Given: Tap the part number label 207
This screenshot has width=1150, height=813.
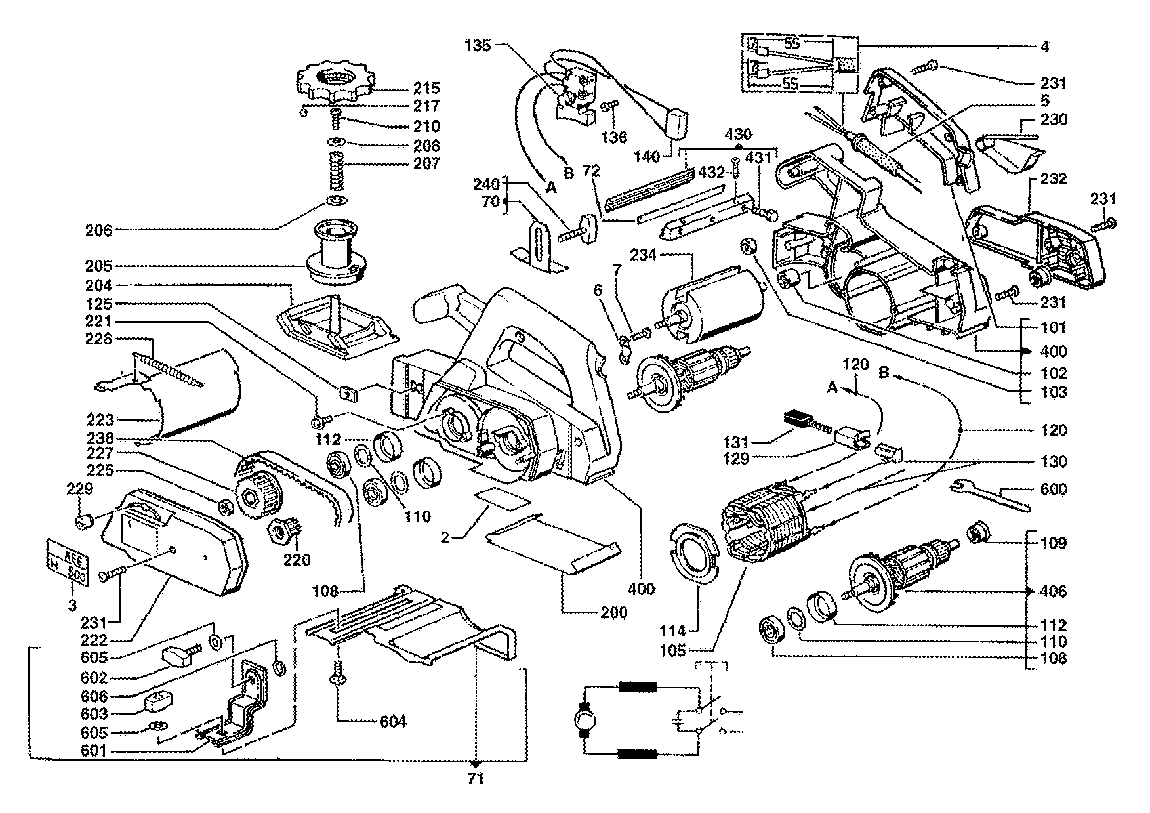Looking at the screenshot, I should coord(426,163).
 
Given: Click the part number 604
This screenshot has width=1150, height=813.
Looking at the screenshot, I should coord(393,722).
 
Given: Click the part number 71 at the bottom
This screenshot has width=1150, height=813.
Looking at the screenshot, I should coord(476,779).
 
